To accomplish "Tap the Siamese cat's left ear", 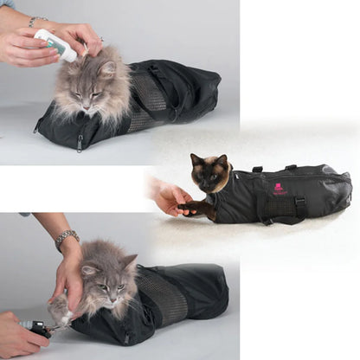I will [196, 158].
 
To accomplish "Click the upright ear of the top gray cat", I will [107, 65].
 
